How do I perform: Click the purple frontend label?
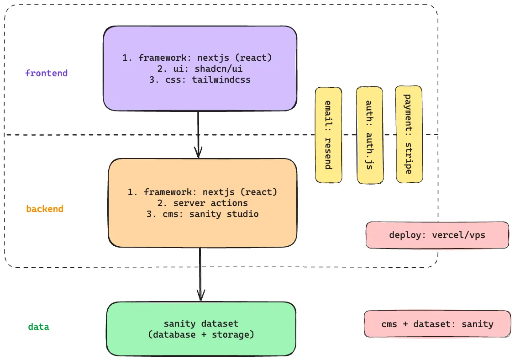coord(46,73)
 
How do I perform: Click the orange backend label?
coord(45,209)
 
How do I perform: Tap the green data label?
coord(39,327)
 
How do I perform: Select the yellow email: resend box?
coord(328,135)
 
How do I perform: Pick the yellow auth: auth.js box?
coord(369,135)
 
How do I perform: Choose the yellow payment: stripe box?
coord(408,134)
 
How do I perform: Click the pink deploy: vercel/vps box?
coord(437,235)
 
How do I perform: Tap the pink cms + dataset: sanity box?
coord(437,324)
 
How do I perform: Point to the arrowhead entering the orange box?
coord(198,153)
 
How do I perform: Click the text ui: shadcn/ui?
coord(200,69)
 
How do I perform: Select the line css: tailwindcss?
coord(200,79)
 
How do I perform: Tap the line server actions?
coord(202,203)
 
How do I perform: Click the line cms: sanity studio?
coord(202,214)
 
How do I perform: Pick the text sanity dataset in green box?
coord(201,324)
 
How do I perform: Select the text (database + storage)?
coord(201,335)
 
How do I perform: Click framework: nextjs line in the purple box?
coord(197,58)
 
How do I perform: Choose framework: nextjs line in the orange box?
coord(202,192)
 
